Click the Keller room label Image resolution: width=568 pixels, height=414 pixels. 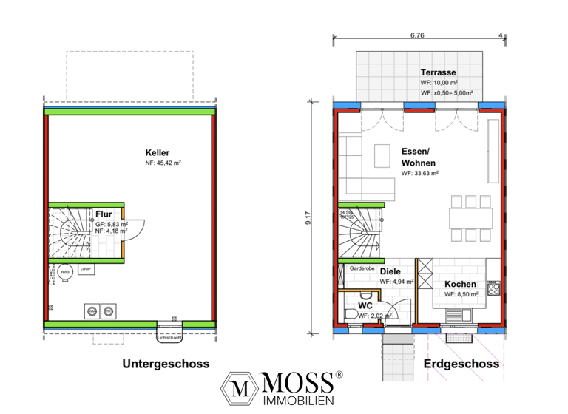pyautogui.click(x=158, y=152)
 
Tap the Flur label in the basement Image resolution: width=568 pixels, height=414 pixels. pyautogui.click(x=104, y=214)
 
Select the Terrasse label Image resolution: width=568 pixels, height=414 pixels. pyautogui.click(x=438, y=72)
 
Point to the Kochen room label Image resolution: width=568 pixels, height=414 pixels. pyautogui.click(x=460, y=284)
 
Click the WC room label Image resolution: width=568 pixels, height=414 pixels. pyautogui.click(x=365, y=305)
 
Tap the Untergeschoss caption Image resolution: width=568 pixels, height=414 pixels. pyautogui.click(x=166, y=364)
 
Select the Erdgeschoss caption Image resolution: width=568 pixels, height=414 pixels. pyautogui.click(x=461, y=364)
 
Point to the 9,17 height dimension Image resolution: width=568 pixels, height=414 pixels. pyautogui.click(x=317, y=219)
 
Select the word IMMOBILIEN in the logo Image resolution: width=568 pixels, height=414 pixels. pyautogui.click(x=300, y=399)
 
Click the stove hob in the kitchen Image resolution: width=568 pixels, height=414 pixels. pyautogui.click(x=493, y=287)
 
